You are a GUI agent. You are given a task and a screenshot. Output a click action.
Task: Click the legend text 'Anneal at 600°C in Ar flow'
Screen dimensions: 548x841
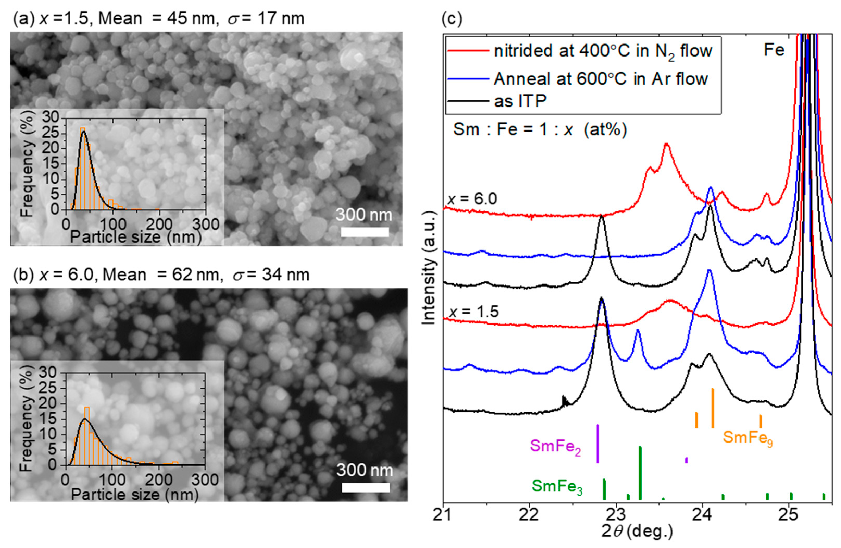click(x=600, y=78)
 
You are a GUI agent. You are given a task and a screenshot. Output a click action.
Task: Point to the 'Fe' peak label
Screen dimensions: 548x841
click(x=774, y=50)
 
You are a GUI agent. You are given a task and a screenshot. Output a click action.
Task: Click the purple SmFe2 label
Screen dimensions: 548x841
click(x=555, y=446)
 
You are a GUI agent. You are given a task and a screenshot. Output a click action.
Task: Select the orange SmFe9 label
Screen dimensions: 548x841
click(x=747, y=438)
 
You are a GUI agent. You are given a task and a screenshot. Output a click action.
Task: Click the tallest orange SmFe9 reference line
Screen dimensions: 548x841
click(x=713, y=408)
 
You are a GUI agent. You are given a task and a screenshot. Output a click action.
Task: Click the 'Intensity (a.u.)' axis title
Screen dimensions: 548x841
click(x=429, y=268)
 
